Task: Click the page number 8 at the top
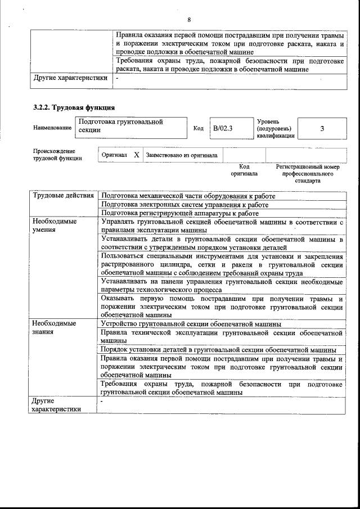[190, 20]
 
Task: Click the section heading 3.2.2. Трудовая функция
[74, 107]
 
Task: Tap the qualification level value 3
[322, 128]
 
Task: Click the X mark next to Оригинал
[136, 155]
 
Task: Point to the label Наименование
[52, 128]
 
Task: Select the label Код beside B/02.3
[198, 128]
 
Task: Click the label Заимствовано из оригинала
[183, 155]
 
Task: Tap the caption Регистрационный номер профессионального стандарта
[307, 174]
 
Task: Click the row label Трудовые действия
[63, 196]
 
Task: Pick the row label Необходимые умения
[54, 226]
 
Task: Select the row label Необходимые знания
[54, 328]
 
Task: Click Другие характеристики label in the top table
[70, 78]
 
